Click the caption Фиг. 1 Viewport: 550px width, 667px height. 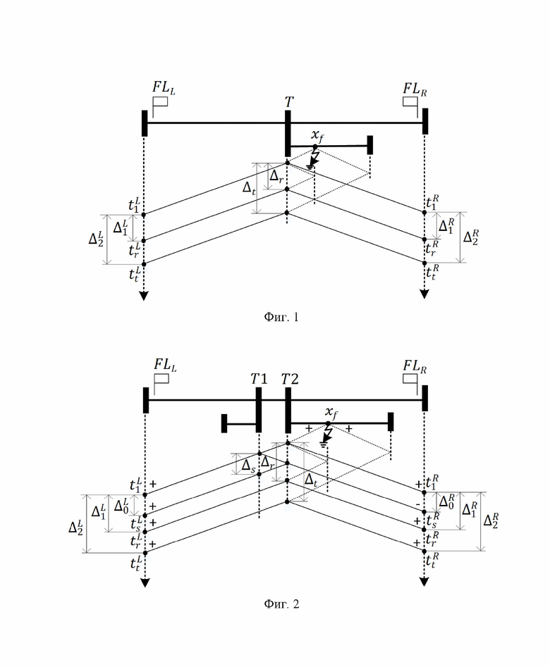[281, 317]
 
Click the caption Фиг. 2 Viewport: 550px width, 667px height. [281, 604]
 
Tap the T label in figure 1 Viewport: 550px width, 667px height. [289, 102]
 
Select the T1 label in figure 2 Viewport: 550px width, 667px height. [259, 379]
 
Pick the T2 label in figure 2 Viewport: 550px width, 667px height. [290, 379]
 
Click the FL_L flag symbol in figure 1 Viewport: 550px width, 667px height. [160, 106]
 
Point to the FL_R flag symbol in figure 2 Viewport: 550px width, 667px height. [410, 383]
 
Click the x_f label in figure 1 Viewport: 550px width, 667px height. [317, 135]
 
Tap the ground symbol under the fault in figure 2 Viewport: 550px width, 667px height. [324, 445]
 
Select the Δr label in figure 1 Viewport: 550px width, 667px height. [276, 176]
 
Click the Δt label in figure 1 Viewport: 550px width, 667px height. [249, 187]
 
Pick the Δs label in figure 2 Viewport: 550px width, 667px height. [248, 466]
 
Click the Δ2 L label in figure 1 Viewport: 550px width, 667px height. [96, 238]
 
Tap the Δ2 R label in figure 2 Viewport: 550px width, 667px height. [491, 520]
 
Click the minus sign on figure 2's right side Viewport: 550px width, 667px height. [418, 505]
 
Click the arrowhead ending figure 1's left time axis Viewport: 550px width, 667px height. [144, 296]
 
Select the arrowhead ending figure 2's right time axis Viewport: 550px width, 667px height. [424, 582]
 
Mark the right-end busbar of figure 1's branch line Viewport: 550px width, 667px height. [369, 145]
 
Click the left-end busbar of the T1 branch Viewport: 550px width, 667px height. [224, 423]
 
